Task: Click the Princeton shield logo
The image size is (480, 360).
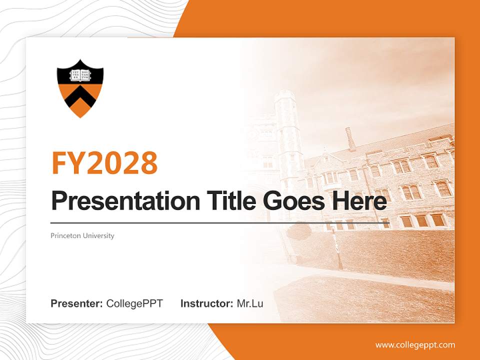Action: coord(80,88)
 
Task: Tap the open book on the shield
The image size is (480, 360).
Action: coord(80,75)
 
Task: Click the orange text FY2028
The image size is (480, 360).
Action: coord(104,162)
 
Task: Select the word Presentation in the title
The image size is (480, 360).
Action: coord(118,201)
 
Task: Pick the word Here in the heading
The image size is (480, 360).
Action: coord(357,201)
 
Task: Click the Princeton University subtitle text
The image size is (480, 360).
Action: coord(82,235)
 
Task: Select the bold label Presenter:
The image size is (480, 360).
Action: coord(77,303)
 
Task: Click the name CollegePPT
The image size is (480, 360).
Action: coord(134,303)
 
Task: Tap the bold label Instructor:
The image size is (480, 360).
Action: coord(206,303)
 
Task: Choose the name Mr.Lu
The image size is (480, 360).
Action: coord(250,303)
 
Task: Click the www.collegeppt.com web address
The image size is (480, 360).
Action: coord(415,345)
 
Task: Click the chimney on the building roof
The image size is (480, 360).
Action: coord(350,138)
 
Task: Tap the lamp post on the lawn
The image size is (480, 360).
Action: coord(338,250)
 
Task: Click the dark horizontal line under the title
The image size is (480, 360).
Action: coord(220,222)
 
